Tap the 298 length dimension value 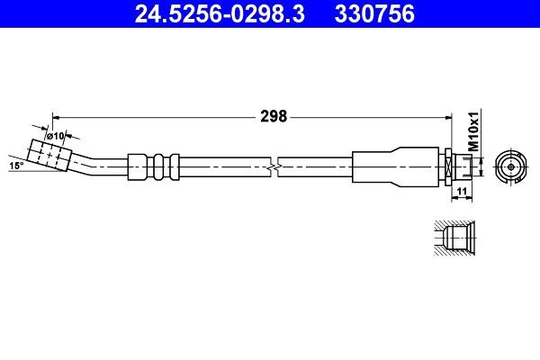pyautogui.click(x=274, y=116)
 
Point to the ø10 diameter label pyautogui.click(x=55, y=136)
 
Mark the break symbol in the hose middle pyautogui.click(x=274, y=166)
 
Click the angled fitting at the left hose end pyautogui.click(x=48, y=154)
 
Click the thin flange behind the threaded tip pyautogui.click(x=447, y=166)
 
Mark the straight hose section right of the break pyautogui.click(x=315, y=166)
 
